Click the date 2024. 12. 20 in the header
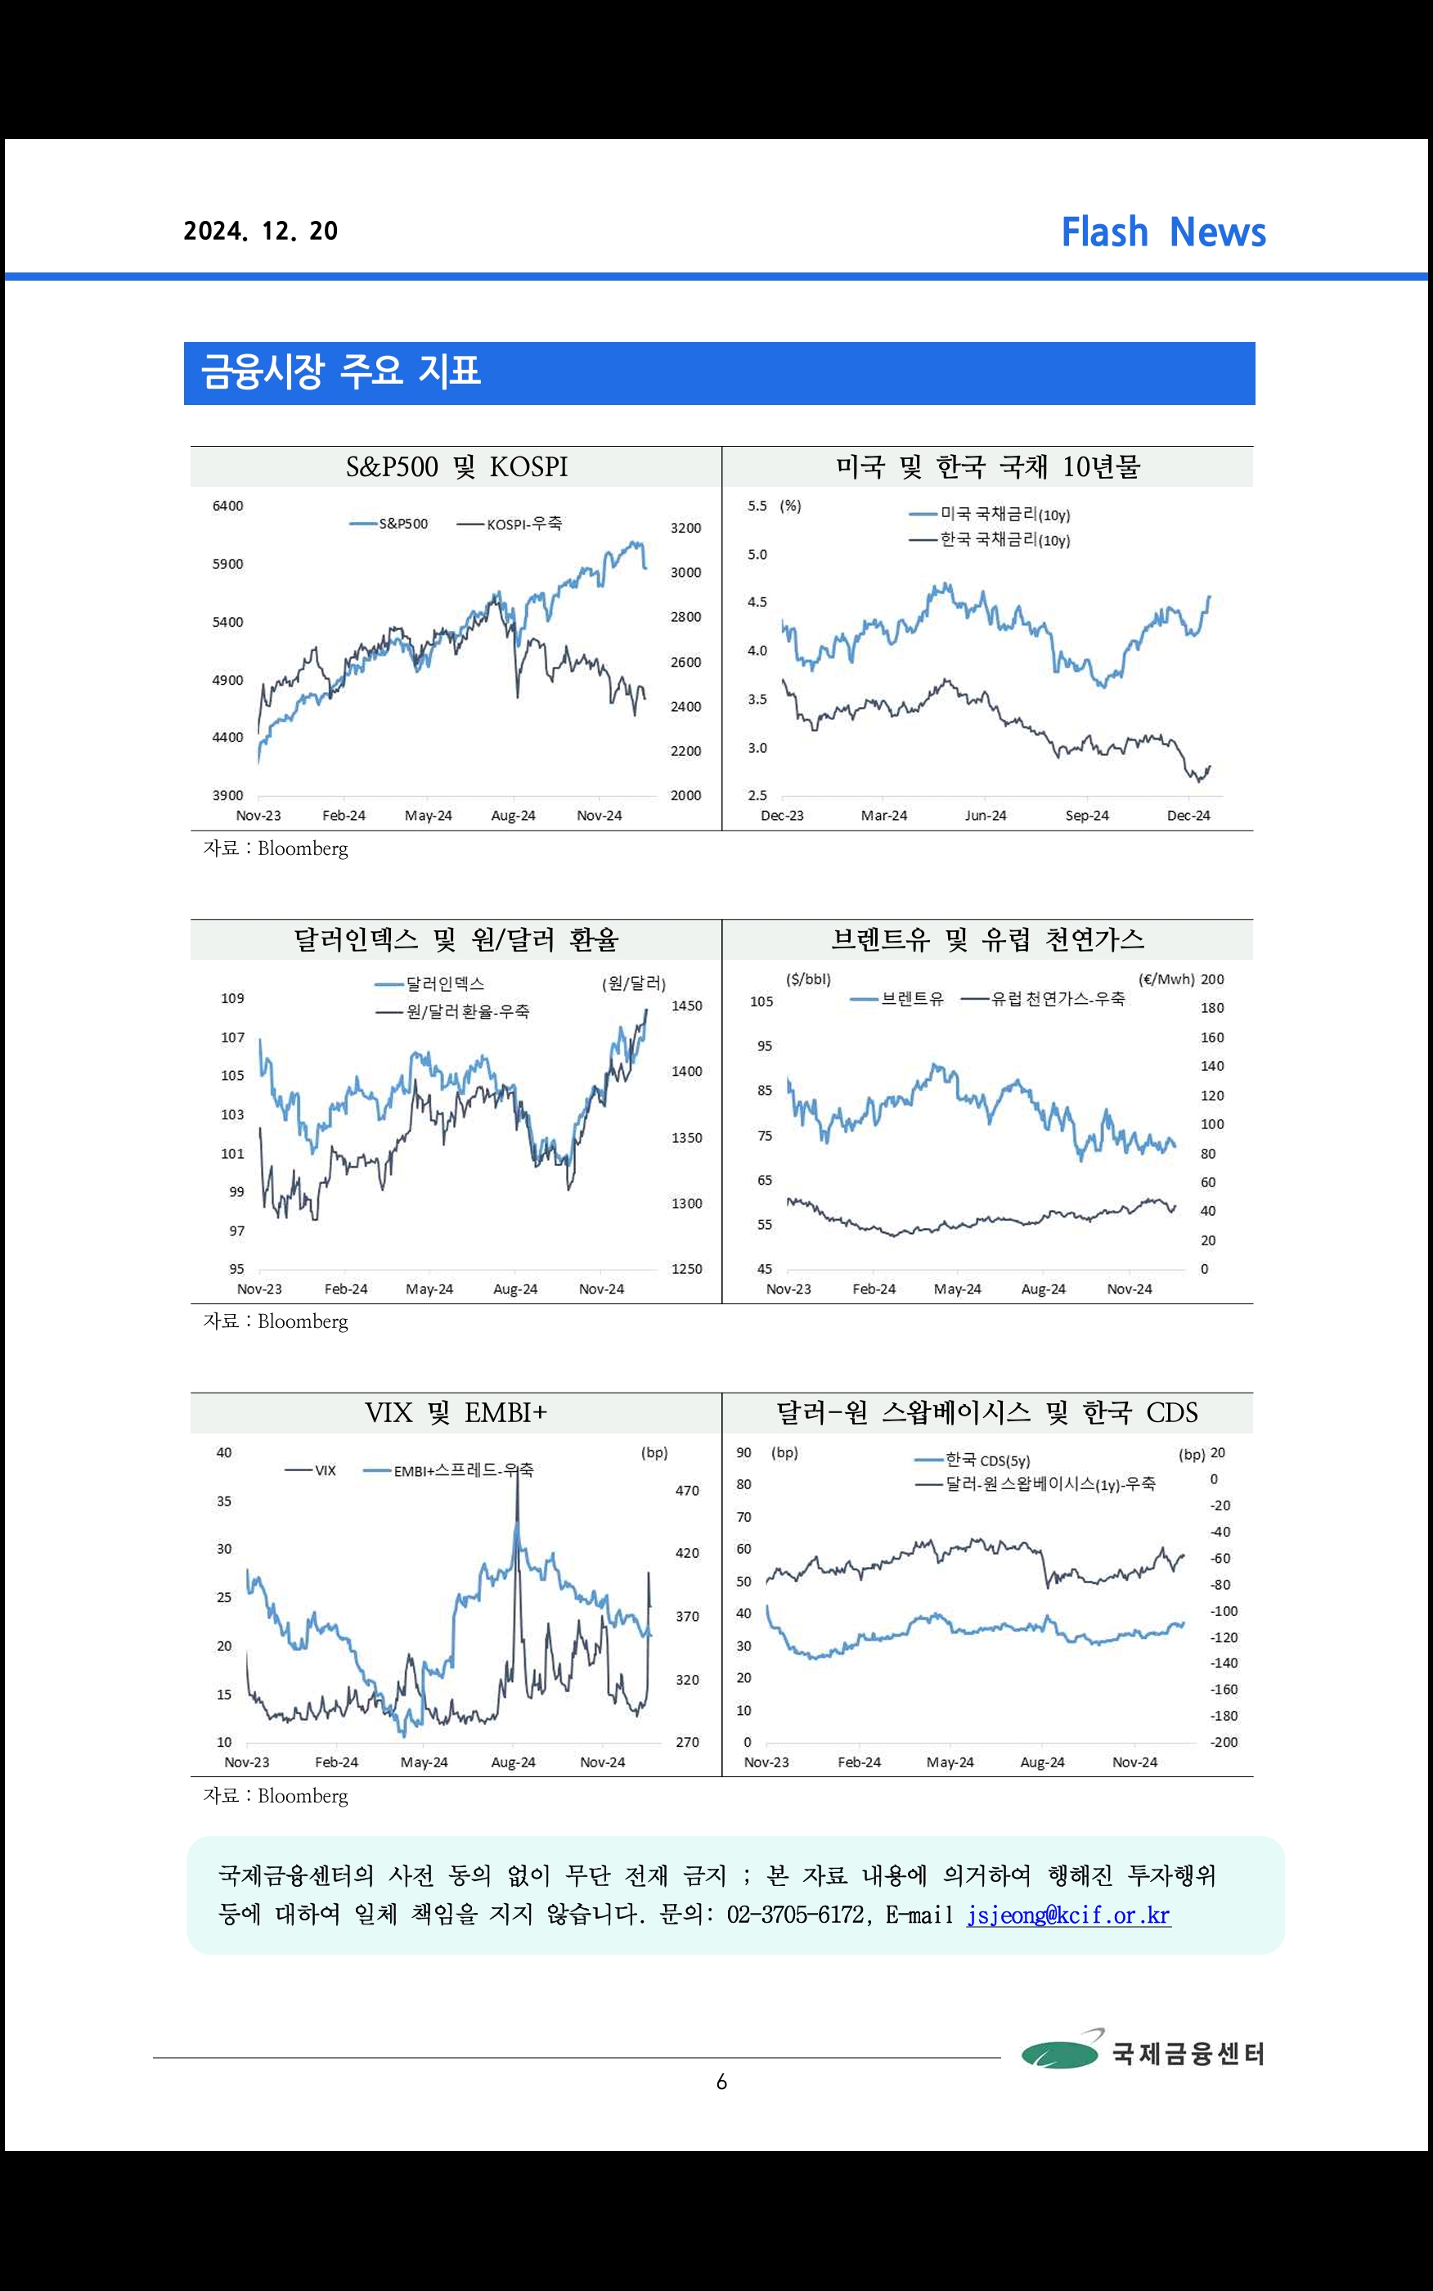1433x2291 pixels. [x=261, y=232]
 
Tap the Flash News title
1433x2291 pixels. [x=1163, y=232]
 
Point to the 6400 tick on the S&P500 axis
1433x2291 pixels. [x=227, y=506]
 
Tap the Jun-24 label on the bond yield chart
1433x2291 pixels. [x=985, y=816]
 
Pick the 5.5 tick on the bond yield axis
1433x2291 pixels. [x=757, y=506]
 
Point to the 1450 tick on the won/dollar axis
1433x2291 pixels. [x=686, y=1006]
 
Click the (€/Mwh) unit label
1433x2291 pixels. [x=1166, y=979]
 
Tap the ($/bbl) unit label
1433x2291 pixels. [x=807, y=979]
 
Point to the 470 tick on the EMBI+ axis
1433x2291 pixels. [x=687, y=1491]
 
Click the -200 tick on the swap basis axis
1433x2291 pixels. [x=1224, y=1742]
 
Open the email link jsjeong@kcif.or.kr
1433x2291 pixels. [x=1068, y=1915]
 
